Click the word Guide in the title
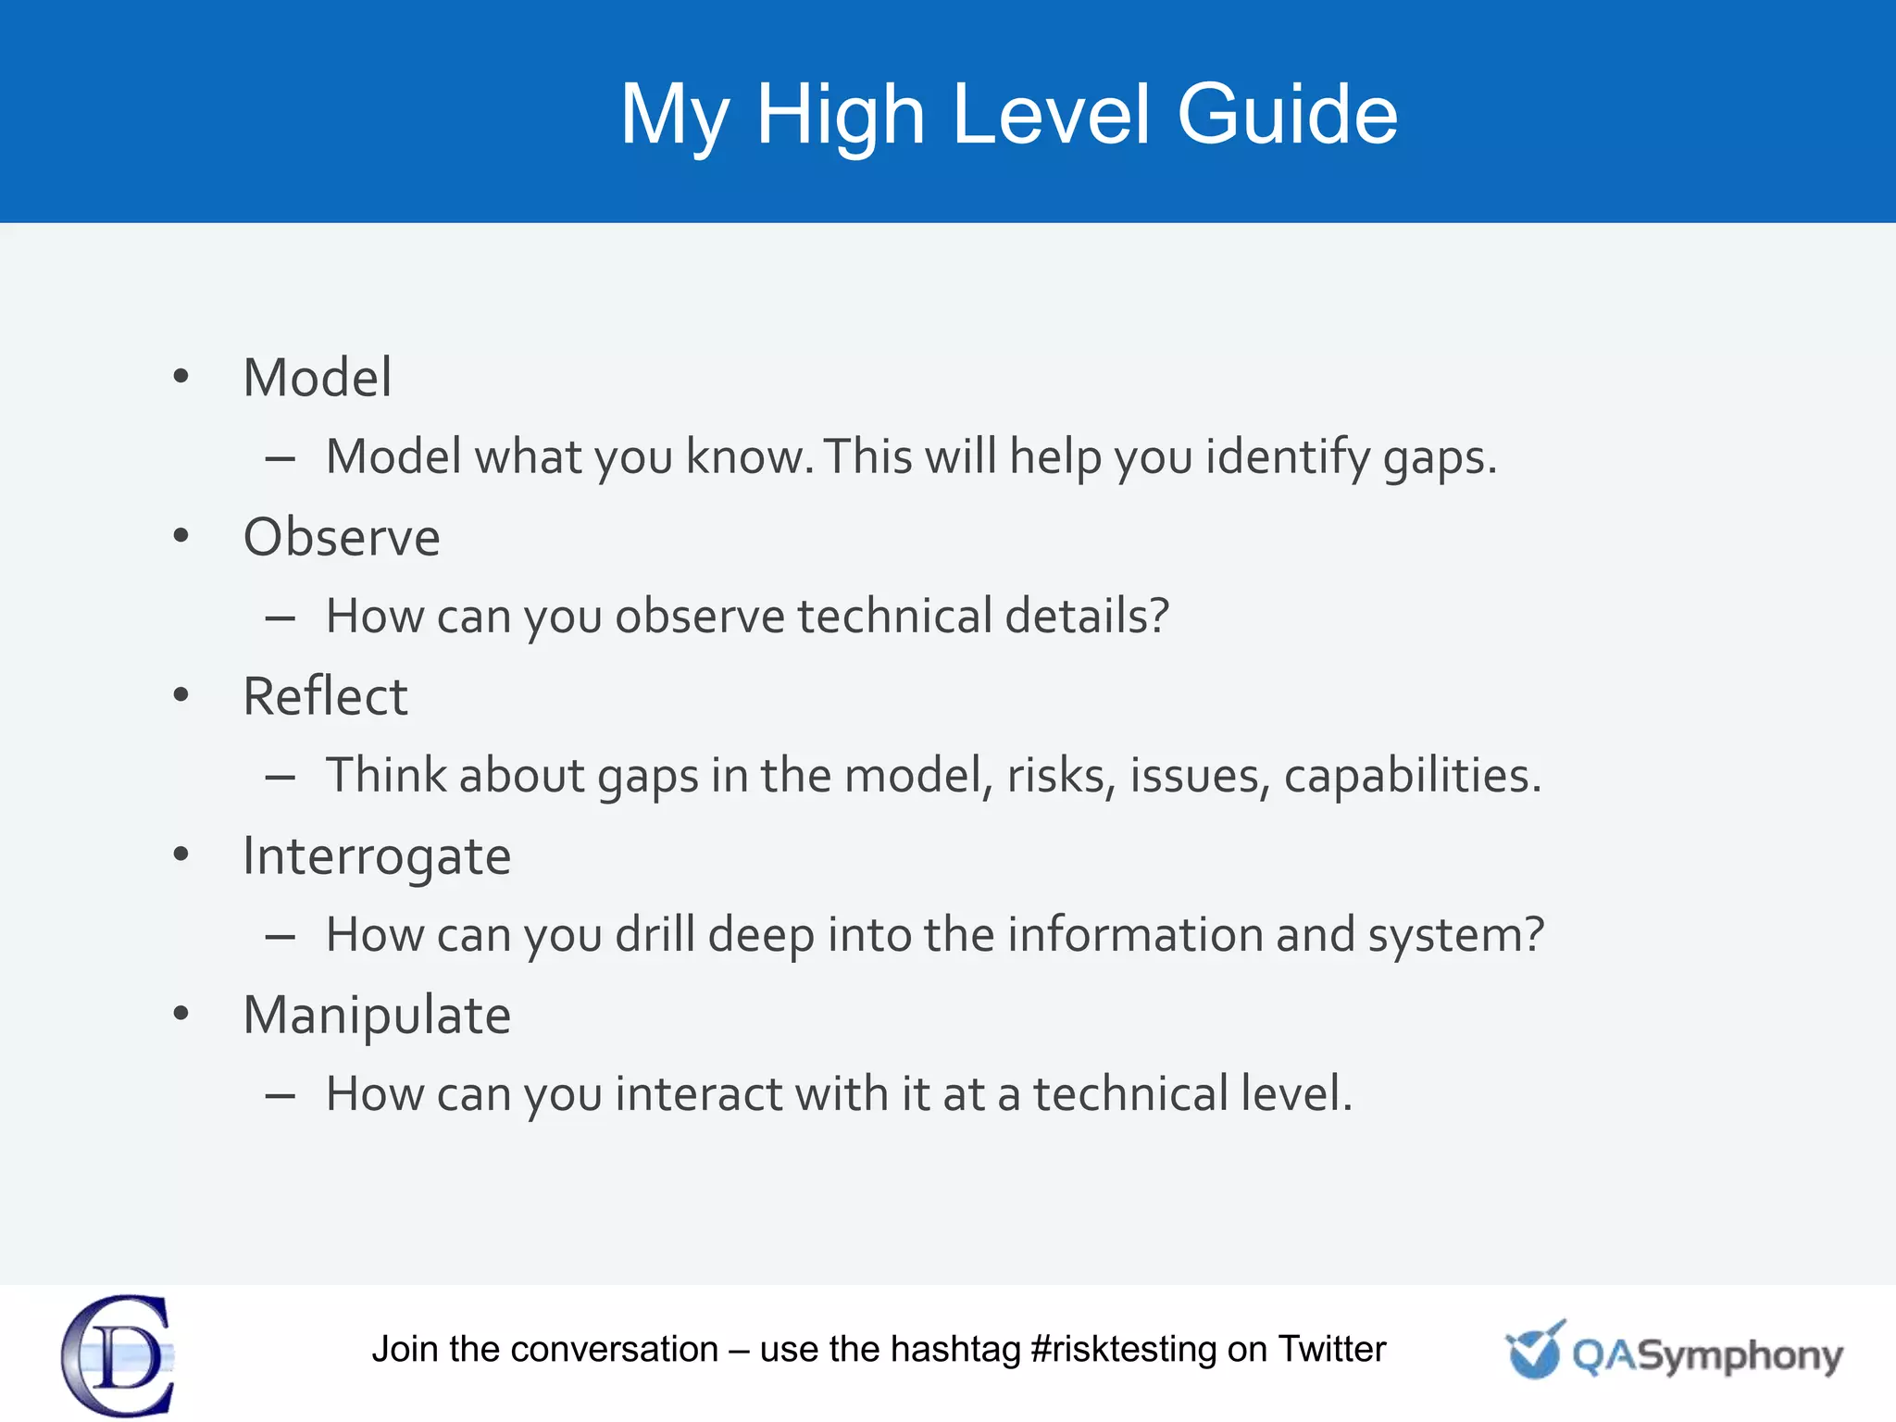click(1287, 114)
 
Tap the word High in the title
click(841, 114)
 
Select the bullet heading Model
click(317, 378)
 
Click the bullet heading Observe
click(341, 537)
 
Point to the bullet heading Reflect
click(324, 696)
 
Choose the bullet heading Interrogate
click(376, 856)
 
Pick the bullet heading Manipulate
click(376, 1016)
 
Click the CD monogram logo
click(118, 1355)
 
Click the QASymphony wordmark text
click(1706, 1356)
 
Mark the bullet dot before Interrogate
click(181, 854)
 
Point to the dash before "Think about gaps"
click(280, 778)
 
